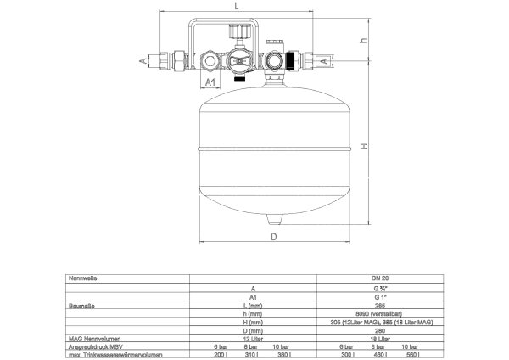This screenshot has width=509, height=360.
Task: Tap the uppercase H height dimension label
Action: (364, 146)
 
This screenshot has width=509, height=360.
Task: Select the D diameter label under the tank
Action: (274, 237)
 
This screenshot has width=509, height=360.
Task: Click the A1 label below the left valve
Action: (213, 83)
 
